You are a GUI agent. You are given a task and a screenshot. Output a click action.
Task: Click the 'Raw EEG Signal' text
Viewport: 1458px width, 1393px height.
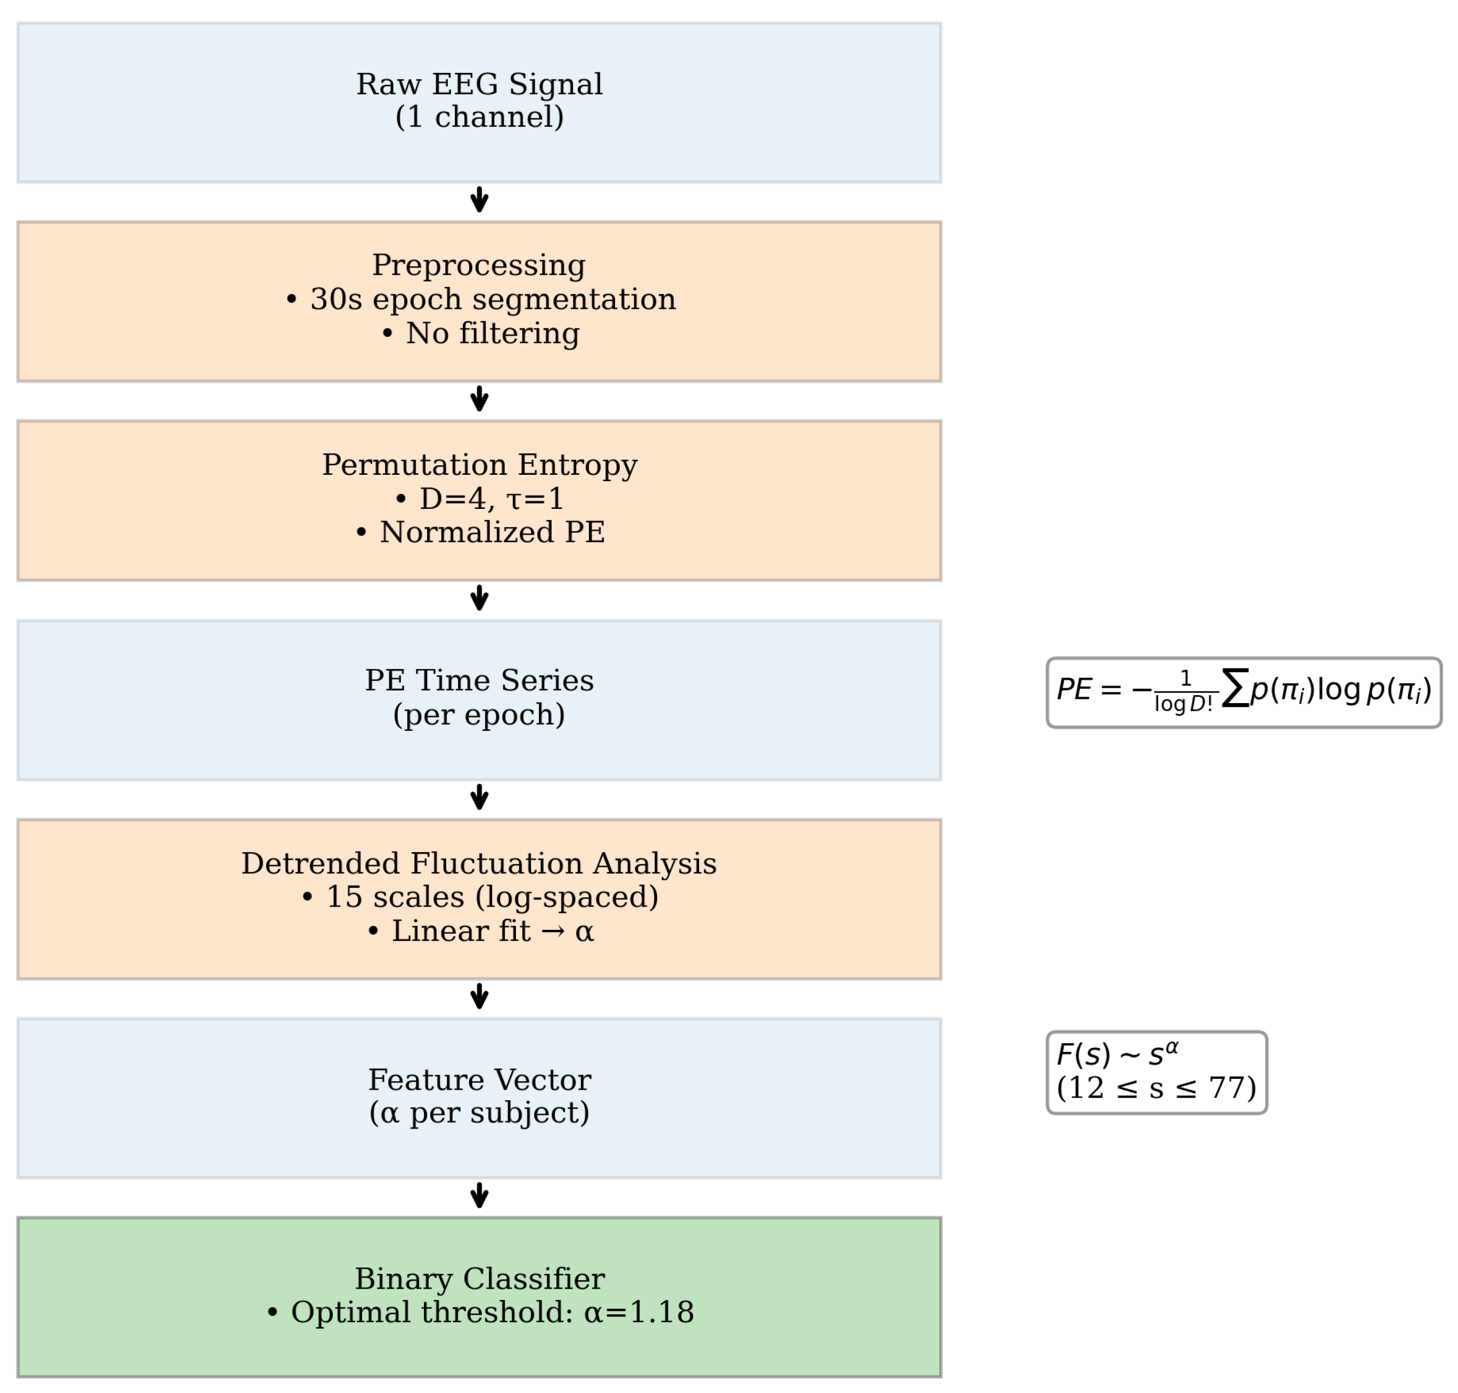[479, 84]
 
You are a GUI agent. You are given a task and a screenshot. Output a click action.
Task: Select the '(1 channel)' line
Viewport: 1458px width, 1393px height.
[479, 117]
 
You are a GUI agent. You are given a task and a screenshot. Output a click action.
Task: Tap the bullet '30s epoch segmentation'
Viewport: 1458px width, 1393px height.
[480, 299]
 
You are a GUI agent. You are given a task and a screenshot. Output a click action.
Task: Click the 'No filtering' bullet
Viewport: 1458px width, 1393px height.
[480, 333]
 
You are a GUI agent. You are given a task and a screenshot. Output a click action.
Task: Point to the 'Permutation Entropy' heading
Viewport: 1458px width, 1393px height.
[479, 465]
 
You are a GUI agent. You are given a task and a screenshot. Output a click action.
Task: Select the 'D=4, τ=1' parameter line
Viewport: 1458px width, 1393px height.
[480, 498]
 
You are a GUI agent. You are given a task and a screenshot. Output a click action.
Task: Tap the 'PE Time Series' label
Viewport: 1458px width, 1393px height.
[479, 680]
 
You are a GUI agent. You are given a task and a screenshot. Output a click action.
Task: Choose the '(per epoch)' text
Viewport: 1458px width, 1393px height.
[479, 714]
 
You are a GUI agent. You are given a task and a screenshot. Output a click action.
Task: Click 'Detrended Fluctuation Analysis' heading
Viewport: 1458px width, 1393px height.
[479, 863]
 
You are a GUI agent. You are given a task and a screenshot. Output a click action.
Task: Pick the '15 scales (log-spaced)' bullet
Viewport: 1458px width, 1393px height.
[480, 897]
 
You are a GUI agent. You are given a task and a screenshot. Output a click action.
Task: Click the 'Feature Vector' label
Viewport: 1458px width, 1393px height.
[479, 1079]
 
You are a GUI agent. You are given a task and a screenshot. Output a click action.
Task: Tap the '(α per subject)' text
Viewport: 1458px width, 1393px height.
[479, 1112]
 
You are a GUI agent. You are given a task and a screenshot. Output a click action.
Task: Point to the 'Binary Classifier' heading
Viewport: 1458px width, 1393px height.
[479, 1278]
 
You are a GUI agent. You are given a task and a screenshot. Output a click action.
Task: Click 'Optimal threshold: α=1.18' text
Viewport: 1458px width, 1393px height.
[480, 1312]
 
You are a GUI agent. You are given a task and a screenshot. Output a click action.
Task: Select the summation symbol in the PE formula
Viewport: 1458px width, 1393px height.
[1234, 688]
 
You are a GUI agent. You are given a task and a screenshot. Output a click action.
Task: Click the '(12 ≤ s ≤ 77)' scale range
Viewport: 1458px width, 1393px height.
[1155, 1088]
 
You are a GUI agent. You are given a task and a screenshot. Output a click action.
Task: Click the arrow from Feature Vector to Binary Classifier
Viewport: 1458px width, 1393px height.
[479, 1196]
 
